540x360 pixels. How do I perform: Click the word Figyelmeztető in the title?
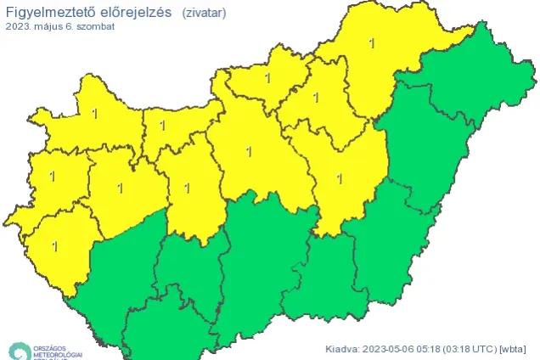[45, 12]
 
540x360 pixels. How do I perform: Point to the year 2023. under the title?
[19, 27]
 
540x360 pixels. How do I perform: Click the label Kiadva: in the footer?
[343, 348]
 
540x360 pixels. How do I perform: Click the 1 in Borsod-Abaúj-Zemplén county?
[371, 42]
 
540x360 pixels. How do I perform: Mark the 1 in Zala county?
[55, 246]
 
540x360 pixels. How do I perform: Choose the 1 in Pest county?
[248, 152]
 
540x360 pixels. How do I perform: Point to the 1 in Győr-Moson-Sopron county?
[94, 113]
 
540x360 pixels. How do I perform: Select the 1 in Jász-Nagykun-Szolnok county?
[340, 178]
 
